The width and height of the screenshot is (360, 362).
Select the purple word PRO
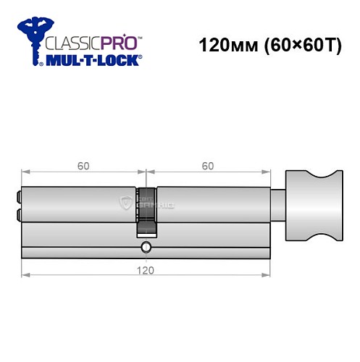119,42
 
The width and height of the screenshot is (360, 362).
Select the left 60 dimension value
83,165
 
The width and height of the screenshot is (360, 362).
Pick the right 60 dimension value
208,165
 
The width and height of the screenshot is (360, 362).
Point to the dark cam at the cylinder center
146,211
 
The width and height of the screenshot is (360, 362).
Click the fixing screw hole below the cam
146,248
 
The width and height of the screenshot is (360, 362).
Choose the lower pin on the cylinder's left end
17,214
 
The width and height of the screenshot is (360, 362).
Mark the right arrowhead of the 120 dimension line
268,276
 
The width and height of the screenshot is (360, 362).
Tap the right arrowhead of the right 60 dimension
268,173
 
